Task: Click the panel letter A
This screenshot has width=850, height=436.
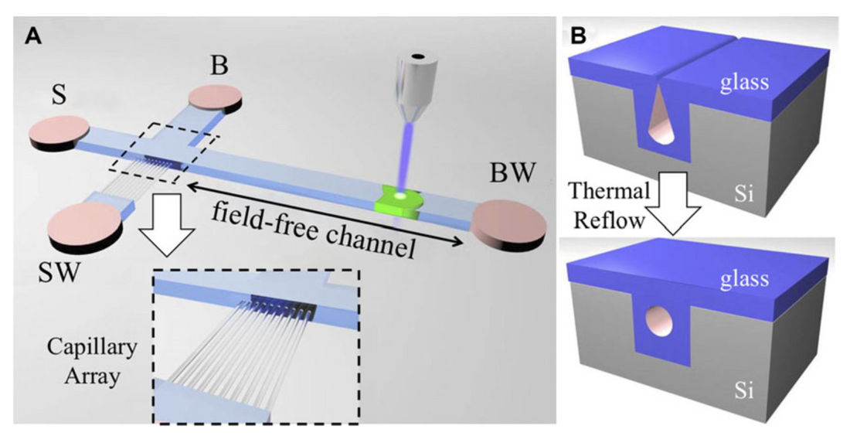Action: (32, 35)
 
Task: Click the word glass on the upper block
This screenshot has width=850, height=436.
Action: (745, 81)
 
